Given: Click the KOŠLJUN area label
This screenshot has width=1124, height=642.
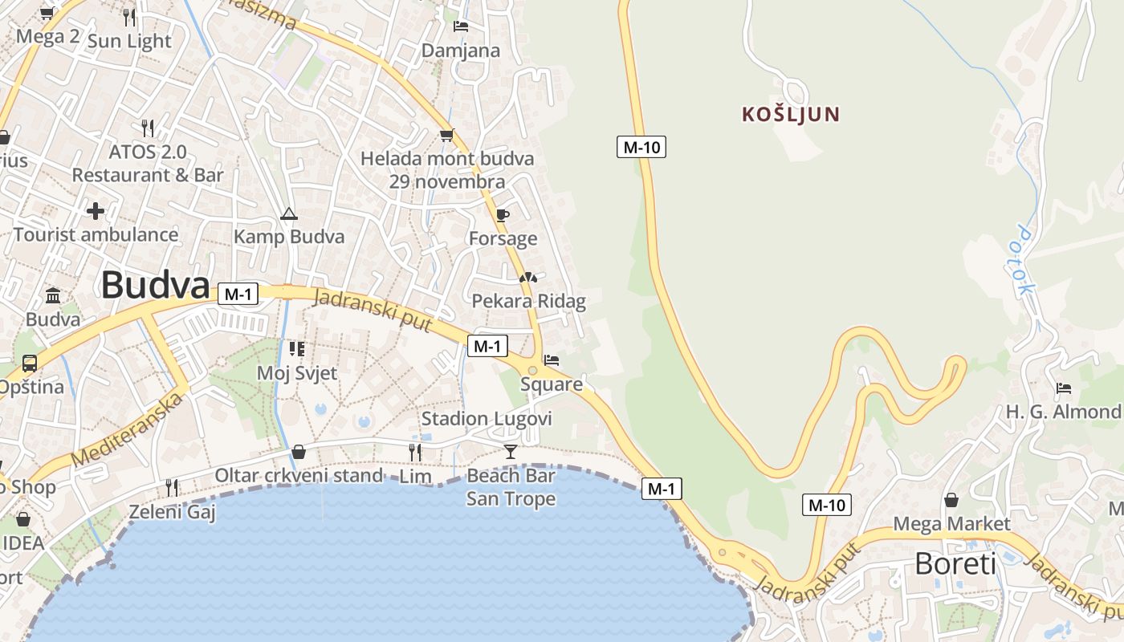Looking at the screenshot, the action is click(x=791, y=114).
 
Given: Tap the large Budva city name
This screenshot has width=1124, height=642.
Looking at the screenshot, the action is click(x=156, y=285).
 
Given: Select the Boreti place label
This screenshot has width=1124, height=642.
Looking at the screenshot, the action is click(x=955, y=564).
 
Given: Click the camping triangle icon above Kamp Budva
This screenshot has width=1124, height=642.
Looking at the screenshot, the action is click(x=289, y=213).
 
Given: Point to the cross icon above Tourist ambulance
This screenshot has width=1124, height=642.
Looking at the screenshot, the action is click(x=96, y=211).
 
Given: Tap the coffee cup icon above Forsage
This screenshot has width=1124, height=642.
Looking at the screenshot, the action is click(x=503, y=215).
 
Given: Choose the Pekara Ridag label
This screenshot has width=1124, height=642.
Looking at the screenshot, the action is click(x=528, y=302).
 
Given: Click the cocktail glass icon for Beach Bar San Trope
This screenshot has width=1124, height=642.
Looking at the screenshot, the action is click(x=511, y=451).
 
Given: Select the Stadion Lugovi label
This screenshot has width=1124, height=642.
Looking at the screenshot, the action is click(x=487, y=418).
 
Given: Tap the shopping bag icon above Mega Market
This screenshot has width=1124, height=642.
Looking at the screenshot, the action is click(x=951, y=500).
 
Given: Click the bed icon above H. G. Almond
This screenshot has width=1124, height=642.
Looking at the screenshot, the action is click(x=1064, y=388).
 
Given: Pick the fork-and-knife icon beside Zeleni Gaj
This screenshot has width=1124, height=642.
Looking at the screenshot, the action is click(x=172, y=486).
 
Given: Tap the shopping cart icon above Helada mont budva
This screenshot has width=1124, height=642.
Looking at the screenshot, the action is click(x=446, y=135).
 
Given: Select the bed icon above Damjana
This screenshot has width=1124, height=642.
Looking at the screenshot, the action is click(x=461, y=26).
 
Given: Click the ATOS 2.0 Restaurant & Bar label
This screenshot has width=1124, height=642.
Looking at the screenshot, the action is click(x=148, y=163).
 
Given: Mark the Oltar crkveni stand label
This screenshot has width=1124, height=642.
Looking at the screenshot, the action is click(x=299, y=475).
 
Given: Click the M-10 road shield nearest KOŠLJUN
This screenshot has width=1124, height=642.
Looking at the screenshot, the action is click(x=641, y=147).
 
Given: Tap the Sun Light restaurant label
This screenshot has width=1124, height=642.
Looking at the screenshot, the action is click(x=129, y=41).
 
